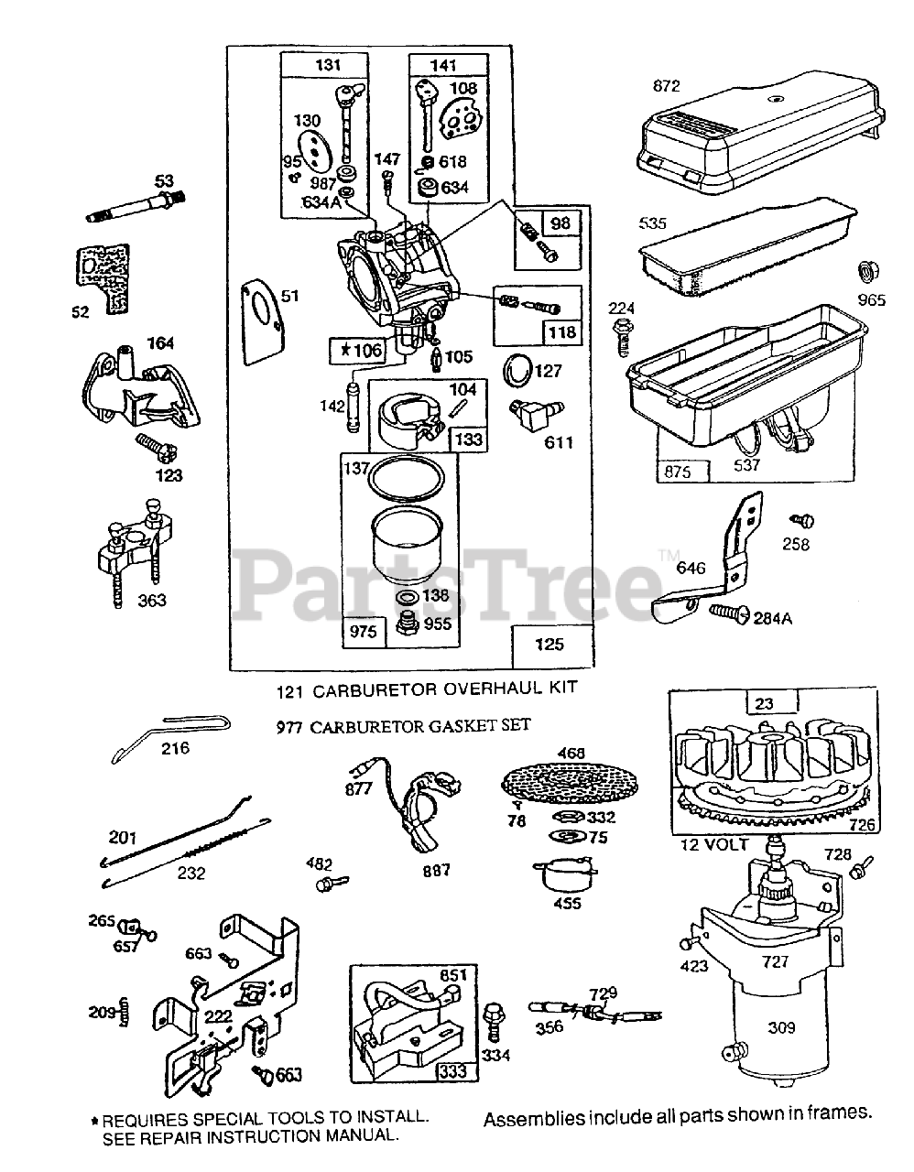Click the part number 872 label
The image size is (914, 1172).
667,86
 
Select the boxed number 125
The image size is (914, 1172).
549,645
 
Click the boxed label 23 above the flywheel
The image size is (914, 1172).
765,704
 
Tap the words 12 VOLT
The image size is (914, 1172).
716,843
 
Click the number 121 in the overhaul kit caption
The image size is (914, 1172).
290,688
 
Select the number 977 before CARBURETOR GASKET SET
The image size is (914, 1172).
290,727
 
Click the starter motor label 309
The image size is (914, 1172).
781,1028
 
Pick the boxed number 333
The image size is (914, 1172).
453,1070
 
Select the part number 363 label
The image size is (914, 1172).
150,601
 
